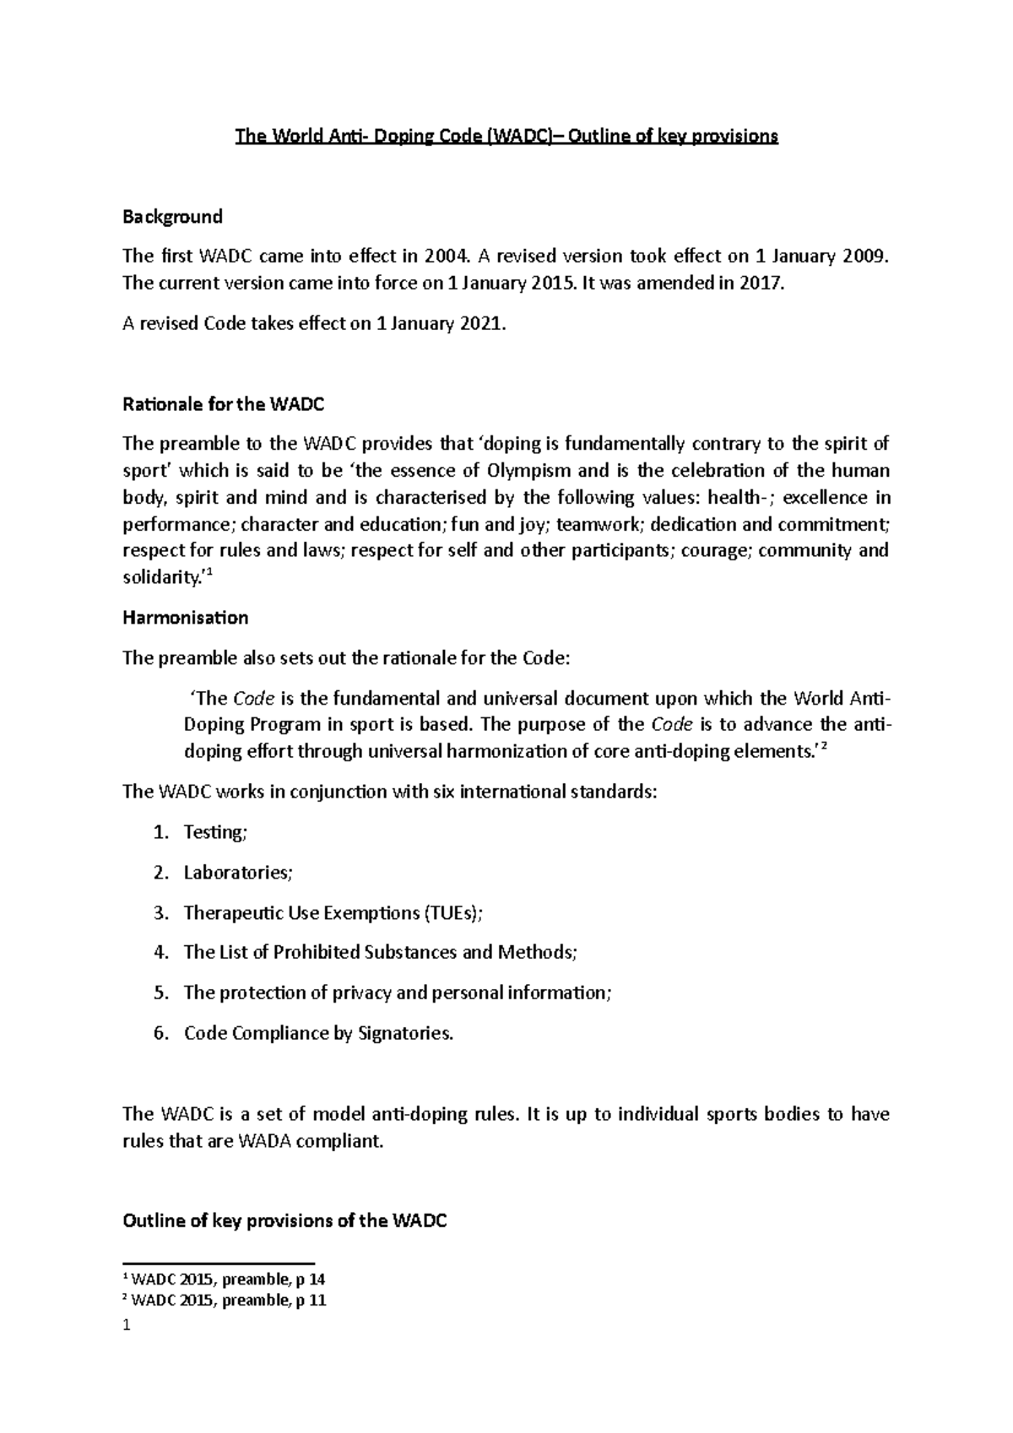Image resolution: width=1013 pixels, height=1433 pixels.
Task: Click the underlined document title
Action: [506, 136]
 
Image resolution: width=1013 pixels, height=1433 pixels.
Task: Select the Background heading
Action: [172, 217]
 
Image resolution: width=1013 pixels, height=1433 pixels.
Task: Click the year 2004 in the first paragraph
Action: [444, 256]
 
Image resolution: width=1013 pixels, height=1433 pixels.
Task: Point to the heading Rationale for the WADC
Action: [224, 404]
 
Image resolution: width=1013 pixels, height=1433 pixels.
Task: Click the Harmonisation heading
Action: [185, 618]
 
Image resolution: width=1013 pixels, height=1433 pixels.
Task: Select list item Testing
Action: [214, 832]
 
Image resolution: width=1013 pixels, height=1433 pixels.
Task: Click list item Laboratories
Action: [237, 873]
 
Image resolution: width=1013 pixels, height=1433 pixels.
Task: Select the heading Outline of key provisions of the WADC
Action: [284, 1221]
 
